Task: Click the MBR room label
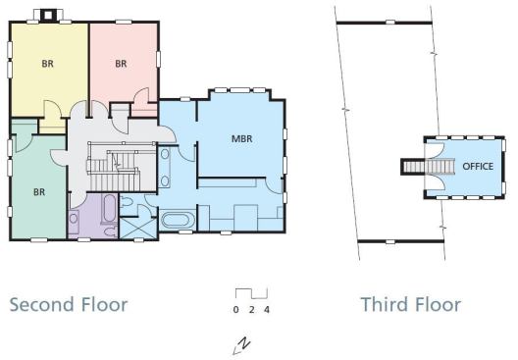(x=241, y=138)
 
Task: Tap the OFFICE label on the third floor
(x=478, y=166)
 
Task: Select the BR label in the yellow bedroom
(x=47, y=64)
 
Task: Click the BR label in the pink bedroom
(x=121, y=64)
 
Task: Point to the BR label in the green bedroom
(x=39, y=192)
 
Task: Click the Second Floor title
(x=69, y=304)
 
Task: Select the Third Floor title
(x=411, y=304)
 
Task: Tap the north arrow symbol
(x=241, y=346)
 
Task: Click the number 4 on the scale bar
(x=267, y=310)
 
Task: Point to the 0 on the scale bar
(x=235, y=310)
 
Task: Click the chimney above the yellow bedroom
(x=48, y=15)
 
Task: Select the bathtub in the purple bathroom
(x=109, y=209)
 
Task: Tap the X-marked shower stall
(x=137, y=228)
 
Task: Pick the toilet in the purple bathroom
(x=110, y=231)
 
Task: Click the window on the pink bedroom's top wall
(x=124, y=22)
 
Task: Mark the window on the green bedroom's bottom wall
(x=39, y=240)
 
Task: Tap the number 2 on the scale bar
(x=252, y=310)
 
